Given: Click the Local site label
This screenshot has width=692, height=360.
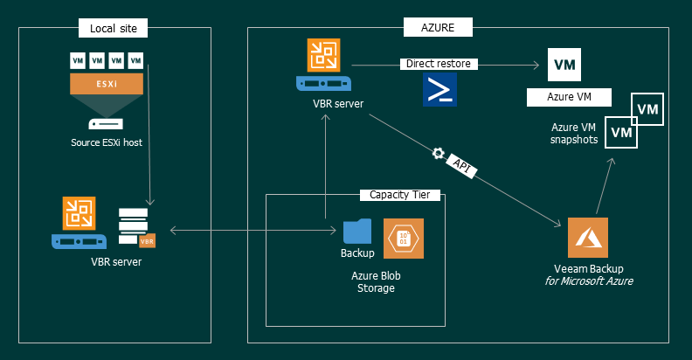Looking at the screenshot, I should tap(114, 29).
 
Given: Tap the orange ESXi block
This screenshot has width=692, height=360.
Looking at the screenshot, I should tap(107, 85).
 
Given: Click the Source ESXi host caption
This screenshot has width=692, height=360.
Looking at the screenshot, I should tap(107, 142).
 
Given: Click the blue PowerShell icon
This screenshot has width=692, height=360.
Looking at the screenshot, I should tap(439, 90).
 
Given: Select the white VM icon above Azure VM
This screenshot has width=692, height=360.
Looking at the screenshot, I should tap(564, 65).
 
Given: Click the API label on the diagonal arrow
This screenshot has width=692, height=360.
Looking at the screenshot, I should tap(463, 165).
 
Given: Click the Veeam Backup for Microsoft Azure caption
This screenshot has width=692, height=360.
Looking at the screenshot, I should tap(588, 273).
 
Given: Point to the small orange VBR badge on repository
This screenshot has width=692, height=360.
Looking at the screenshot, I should tap(148, 240).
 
